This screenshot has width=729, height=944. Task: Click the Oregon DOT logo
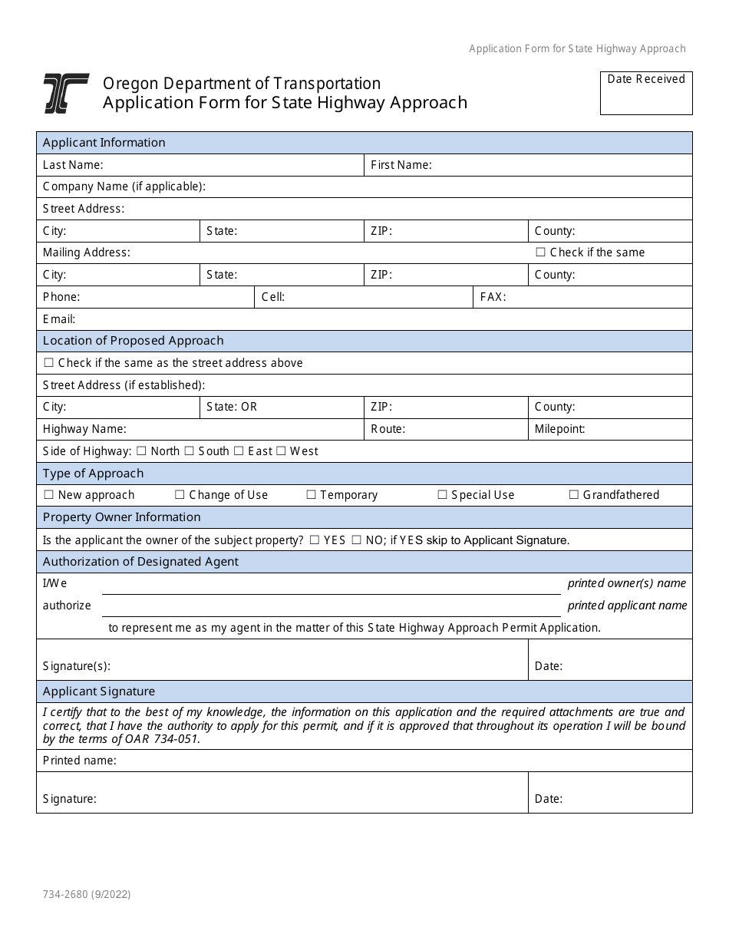(x=66, y=94)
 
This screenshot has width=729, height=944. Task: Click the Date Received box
(x=646, y=93)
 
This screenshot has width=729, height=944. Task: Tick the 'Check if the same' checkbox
(x=540, y=253)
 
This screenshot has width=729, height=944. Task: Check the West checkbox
(x=281, y=451)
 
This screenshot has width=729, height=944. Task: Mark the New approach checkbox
(x=49, y=495)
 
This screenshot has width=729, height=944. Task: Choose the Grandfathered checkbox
(x=574, y=495)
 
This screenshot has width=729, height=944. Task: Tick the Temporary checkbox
(x=312, y=495)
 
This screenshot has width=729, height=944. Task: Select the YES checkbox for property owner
(x=315, y=540)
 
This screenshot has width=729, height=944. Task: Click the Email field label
(x=59, y=319)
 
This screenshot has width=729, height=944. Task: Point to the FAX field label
(x=493, y=297)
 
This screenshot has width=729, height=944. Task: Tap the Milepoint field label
(x=559, y=429)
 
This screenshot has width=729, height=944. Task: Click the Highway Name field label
(x=84, y=429)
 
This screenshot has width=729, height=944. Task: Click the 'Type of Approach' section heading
(x=93, y=474)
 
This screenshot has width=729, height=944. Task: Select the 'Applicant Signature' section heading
(x=99, y=691)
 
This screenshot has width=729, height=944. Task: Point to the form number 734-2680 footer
(x=87, y=894)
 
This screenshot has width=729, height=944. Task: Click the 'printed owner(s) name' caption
(x=627, y=583)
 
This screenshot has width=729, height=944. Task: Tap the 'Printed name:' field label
(x=80, y=761)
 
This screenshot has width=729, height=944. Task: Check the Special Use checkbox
(x=443, y=495)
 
